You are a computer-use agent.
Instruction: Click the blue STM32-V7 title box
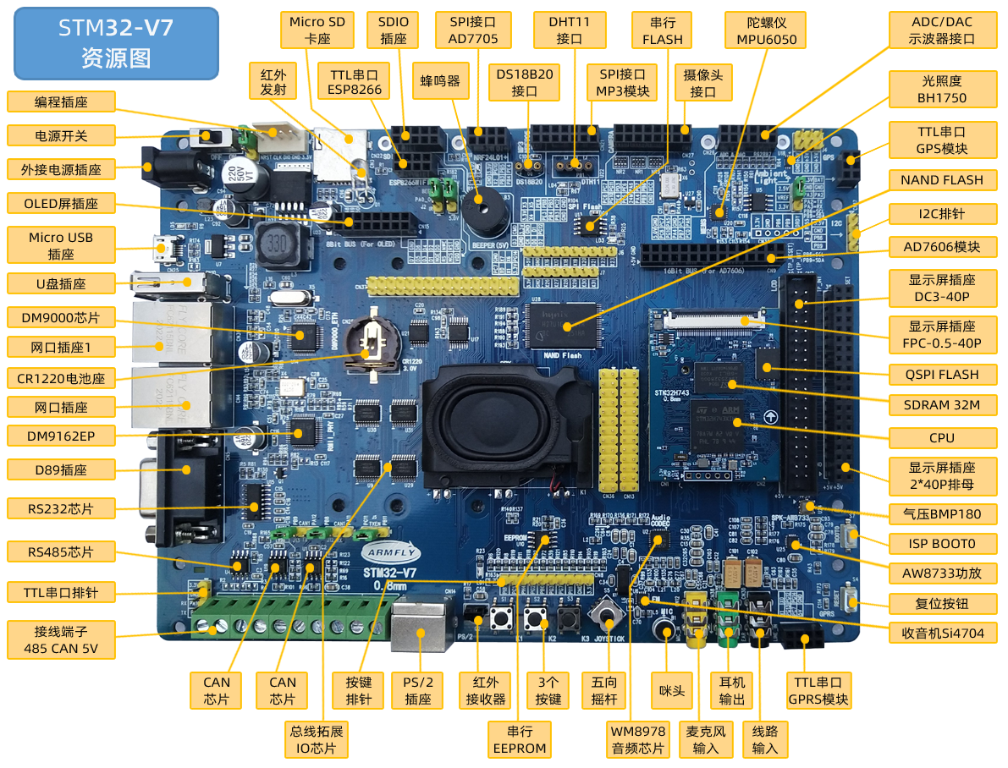tap(116, 43)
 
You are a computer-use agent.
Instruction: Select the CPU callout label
tap(941, 437)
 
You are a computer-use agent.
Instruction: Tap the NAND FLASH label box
tap(941, 179)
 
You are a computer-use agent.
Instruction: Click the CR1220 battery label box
tap(60, 377)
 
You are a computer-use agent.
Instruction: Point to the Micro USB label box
tap(60, 245)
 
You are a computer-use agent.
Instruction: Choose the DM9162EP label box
tap(60, 436)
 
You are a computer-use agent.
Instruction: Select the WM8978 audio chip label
tap(637, 739)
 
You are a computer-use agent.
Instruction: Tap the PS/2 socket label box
tap(418, 690)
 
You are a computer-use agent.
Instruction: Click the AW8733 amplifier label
tap(941, 573)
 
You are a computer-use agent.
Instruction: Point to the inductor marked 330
tap(275, 245)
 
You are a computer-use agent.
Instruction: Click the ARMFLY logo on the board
tap(389, 552)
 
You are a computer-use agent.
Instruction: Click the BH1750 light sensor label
tap(941, 89)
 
